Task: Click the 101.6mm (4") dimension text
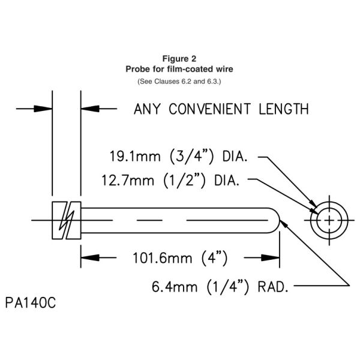pyautogui.click(x=179, y=259)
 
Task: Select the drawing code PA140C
pyautogui.click(x=32, y=301)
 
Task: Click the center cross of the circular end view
pyautogui.click(x=328, y=221)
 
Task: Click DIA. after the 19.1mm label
pyautogui.click(x=239, y=158)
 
